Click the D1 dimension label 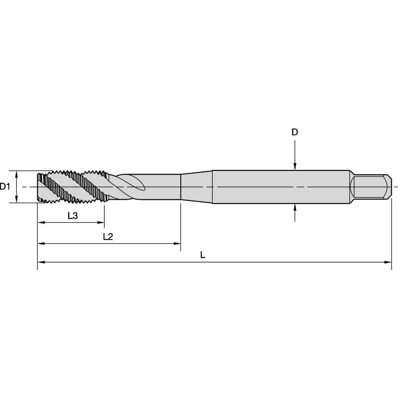click(5, 187)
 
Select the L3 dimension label click(72, 216)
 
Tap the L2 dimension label click(108, 237)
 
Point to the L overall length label click(203, 255)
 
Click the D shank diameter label click(295, 133)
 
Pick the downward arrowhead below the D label click(295, 167)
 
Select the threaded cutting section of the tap click(72, 187)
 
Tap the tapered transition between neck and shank click(197, 187)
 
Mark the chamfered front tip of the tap click(40, 187)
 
